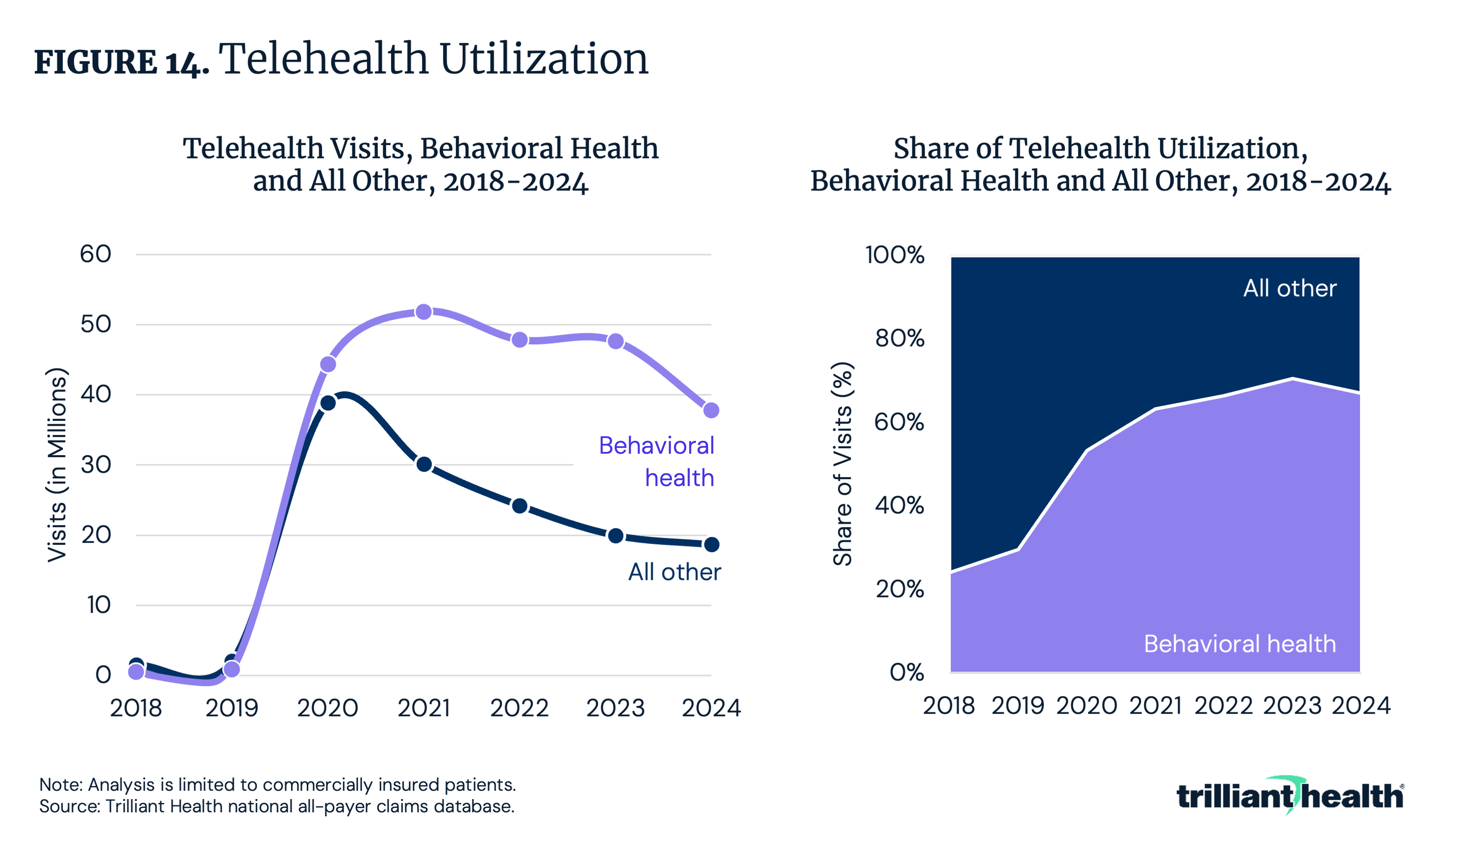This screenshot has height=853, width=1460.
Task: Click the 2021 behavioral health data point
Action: click(424, 311)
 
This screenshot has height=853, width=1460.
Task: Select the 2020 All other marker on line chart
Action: click(328, 403)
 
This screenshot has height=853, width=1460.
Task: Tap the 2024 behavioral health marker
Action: click(711, 411)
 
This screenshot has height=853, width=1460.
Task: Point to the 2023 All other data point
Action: click(615, 536)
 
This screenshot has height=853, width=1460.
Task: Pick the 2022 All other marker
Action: click(520, 506)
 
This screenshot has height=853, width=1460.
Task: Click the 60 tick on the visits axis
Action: click(96, 254)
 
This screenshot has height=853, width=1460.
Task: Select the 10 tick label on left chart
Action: click(99, 605)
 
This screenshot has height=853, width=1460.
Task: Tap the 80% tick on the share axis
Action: click(899, 338)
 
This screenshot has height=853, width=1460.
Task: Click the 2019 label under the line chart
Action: click(232, 708)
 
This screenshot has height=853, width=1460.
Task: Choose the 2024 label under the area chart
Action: click(1360, 705)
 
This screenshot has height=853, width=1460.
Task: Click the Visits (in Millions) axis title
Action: click(57, 465)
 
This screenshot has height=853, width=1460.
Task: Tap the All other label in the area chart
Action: click(1290, 288)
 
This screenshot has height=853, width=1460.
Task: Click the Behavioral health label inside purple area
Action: click(1239, 644)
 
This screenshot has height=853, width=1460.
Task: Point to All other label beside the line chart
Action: click(674, 572)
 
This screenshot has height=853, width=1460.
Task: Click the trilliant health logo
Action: click(1290, 796)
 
